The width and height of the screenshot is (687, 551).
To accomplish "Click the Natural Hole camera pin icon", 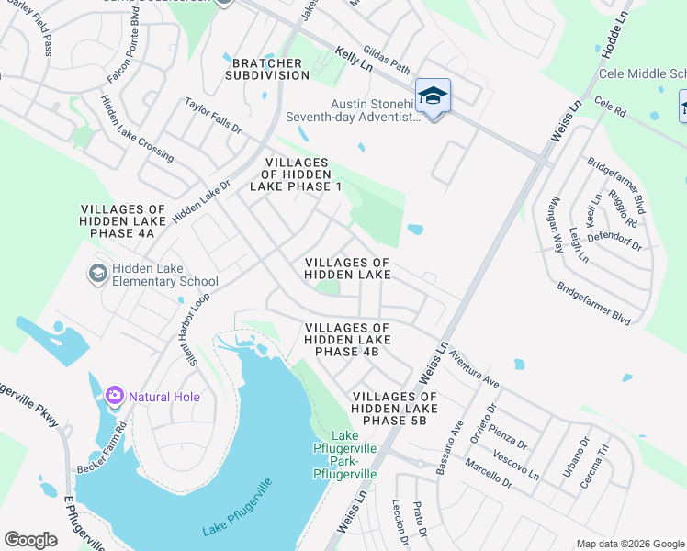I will click(115, 396).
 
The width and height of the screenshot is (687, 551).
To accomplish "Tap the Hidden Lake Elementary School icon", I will click(97, 274).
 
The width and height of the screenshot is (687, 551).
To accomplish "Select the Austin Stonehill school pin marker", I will click(433, 96).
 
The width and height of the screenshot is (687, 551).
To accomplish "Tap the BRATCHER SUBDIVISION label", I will click(266, 68).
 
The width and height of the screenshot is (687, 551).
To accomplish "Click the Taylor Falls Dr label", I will click(213, 117).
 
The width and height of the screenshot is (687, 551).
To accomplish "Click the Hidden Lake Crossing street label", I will click(137, 129).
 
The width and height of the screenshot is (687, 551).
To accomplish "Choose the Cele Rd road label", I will click(609, 108).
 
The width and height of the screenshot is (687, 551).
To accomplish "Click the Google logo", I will click(31, 539).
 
